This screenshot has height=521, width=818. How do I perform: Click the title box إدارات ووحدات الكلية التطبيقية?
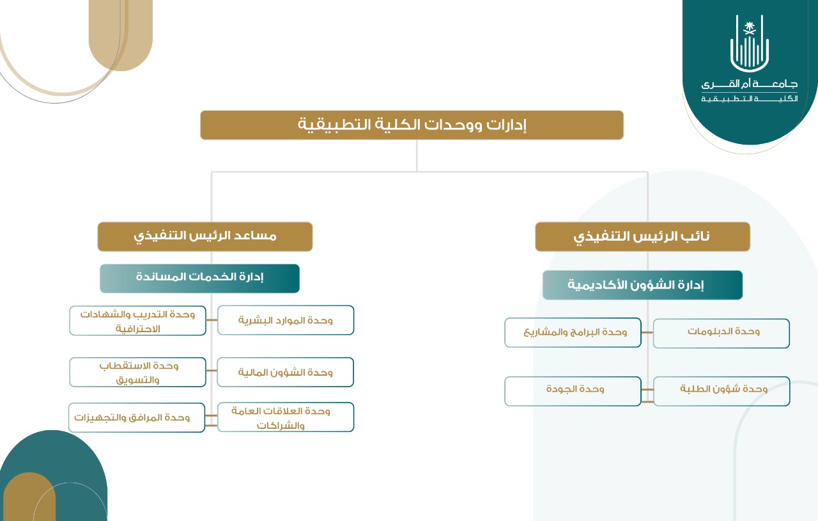[x=412, y=125]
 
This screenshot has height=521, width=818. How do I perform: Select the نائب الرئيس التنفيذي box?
[x=643, y=236]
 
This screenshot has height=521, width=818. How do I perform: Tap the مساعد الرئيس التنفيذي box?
[x=205, y=236]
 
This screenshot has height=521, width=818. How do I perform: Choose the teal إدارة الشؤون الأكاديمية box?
[x=643, y=285]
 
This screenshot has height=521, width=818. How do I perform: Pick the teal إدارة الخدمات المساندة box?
[x=200, y=278]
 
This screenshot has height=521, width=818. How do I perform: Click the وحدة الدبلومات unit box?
[x=722, y=333]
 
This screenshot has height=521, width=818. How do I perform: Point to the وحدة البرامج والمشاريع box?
[x=573, y=333]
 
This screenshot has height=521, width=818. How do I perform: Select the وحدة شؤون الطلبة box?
[x=722, y=391]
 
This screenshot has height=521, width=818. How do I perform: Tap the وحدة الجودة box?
[x=573, y=391]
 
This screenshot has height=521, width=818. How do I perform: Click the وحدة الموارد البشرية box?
[x=286, y=320]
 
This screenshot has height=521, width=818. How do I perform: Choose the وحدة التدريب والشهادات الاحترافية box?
[x=137, y=321]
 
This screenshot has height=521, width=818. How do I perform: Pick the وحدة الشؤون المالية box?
[x=285, y=372]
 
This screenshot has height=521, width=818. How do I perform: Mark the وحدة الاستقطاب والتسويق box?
[x=137, y=372]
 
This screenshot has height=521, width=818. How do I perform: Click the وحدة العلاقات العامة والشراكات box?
[x=286, y=417]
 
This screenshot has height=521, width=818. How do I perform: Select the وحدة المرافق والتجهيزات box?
[x=137, y=417]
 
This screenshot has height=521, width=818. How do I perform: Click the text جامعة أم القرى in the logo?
[x=750, y=84]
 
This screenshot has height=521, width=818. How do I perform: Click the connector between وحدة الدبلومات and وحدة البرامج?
[x=647, y=333]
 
